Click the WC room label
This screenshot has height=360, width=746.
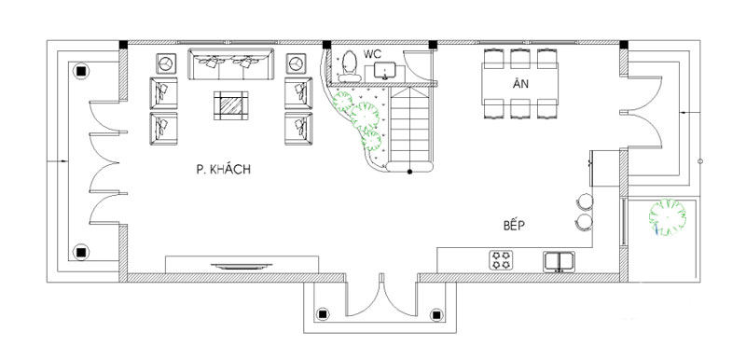(372, 54)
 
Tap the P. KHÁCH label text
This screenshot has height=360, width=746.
(223, 170)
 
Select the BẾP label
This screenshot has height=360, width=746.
(515, 226)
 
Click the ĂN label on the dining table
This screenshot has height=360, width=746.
(520, 84)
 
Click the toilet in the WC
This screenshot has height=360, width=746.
(350, 65)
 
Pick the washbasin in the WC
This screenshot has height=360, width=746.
(383, 71)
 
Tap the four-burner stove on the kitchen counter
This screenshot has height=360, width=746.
(501, 260)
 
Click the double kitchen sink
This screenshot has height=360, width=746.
(559, 261)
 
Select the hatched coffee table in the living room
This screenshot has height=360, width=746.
(230, 105)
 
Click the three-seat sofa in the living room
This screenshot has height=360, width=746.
(231, 63)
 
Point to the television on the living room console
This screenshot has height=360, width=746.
(242, 267)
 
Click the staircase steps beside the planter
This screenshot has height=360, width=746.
(410, 125)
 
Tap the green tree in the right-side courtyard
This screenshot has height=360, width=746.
(668, 217)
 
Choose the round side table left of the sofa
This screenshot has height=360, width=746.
(167, 63)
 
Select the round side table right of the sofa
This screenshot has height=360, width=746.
(296, 63)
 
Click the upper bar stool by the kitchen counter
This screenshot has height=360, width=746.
(585, 201)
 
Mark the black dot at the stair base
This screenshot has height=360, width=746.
(409, 172)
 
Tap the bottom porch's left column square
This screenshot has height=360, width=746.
(323, 314)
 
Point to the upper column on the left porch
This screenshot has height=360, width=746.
(81, 71)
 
